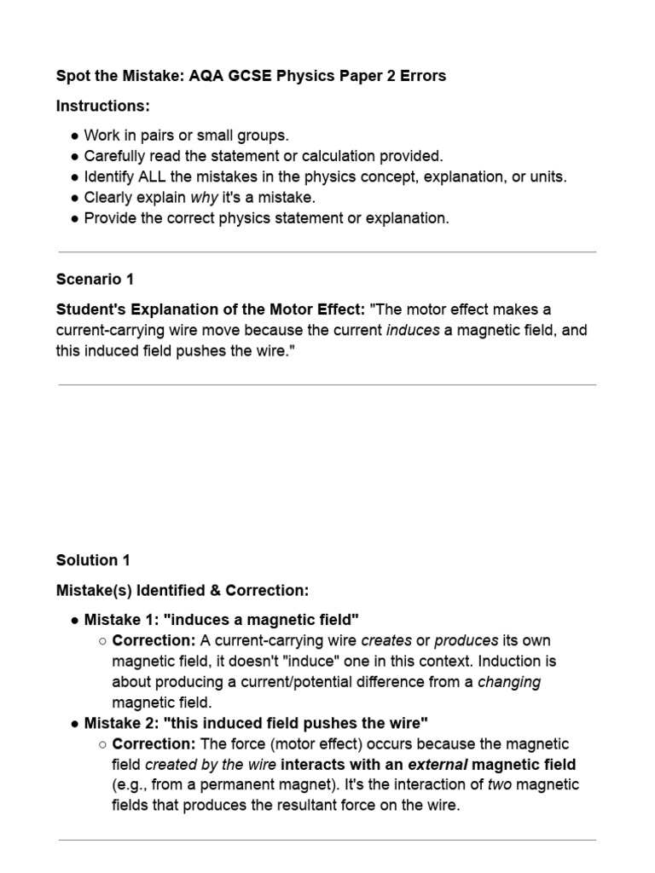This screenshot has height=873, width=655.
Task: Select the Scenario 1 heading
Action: (95, 279)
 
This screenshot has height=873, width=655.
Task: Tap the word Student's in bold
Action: (90, 309)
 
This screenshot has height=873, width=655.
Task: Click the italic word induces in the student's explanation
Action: (413, 330)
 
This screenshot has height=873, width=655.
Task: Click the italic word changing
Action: (508, 681)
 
